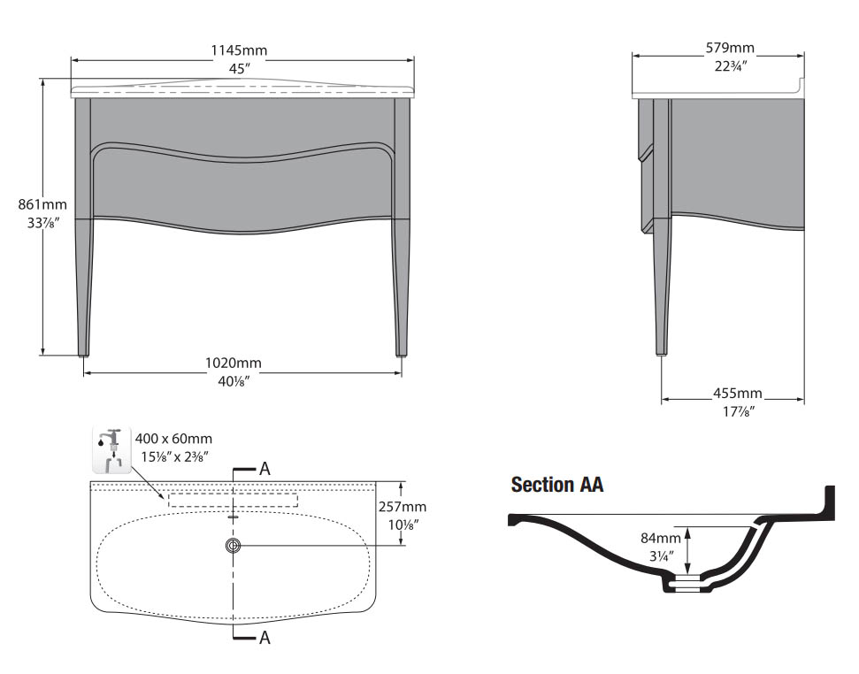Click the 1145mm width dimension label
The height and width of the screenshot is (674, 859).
239,50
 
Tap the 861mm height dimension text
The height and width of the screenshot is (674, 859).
42,204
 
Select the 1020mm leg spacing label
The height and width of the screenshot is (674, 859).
234,363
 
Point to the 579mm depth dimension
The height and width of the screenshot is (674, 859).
730,48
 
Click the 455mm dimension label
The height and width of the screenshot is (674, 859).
738,393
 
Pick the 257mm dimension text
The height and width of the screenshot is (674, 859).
403,507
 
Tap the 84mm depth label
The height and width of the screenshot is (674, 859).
661,538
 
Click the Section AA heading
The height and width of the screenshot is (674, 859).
557,485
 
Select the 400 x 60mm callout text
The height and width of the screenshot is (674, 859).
173,439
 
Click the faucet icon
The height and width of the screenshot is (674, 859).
112,449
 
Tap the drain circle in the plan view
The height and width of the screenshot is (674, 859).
234,545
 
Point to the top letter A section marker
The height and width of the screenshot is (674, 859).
265,469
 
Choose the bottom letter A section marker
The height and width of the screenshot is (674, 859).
265,638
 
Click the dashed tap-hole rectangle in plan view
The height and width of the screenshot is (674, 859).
234,500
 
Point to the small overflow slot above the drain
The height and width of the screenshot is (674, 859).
234,516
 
